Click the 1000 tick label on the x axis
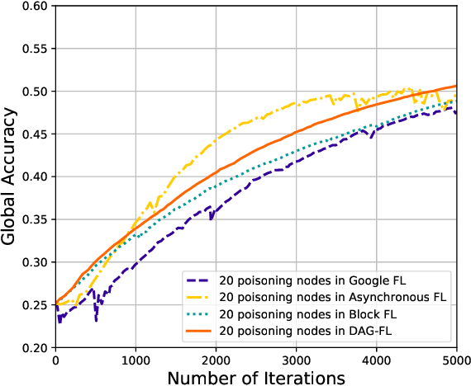click(x=136, y=360)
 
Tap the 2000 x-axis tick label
click(x=216, y=360)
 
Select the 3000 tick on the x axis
click(x=296, y=360)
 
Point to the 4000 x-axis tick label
click(x=376, y=360)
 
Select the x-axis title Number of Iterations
click(x=255, y=377)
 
